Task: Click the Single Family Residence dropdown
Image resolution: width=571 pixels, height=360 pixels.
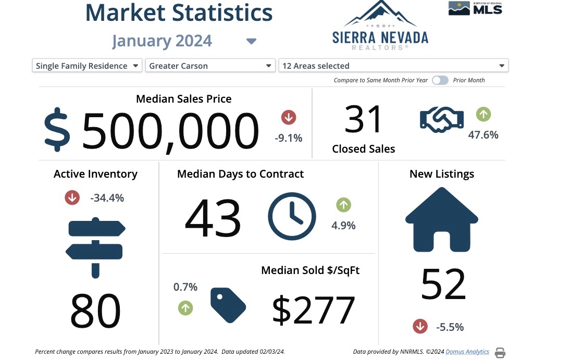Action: (x=87, y=66)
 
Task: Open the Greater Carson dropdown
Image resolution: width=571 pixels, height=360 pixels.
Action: (x=210, y=66)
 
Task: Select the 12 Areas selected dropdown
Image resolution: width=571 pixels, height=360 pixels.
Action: (x=393, y=66)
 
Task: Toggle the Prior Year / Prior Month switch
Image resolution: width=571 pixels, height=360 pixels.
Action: (x=440, y=80)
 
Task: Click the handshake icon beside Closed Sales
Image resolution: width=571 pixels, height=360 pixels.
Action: (x=442, y=119)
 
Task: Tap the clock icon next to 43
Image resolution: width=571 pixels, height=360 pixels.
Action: (x=292, y=216)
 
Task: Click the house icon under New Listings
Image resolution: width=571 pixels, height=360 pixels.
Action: (x=441, y=219)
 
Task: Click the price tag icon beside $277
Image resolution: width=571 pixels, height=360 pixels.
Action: (x=228, y=305)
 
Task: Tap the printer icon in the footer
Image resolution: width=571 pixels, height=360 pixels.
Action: (x=500, y=353)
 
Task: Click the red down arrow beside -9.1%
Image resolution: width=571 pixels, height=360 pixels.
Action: (x=289, y=117)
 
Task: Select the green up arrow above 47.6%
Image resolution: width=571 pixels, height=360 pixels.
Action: (x=483, y=114)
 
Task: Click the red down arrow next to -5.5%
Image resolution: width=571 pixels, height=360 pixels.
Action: (x=420, y=327)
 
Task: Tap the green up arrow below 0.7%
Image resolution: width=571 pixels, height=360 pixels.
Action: (x=185, y=308)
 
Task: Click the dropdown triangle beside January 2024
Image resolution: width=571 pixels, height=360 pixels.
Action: (x=251, y=41)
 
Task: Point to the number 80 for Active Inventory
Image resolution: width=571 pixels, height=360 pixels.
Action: (x=95, y=311)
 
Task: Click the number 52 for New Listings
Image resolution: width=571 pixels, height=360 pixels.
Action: (x=443, y=284)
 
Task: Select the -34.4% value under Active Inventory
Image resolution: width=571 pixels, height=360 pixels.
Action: (x=107, y=198)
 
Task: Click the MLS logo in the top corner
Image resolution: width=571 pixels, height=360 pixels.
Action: (x=475, y=8)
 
